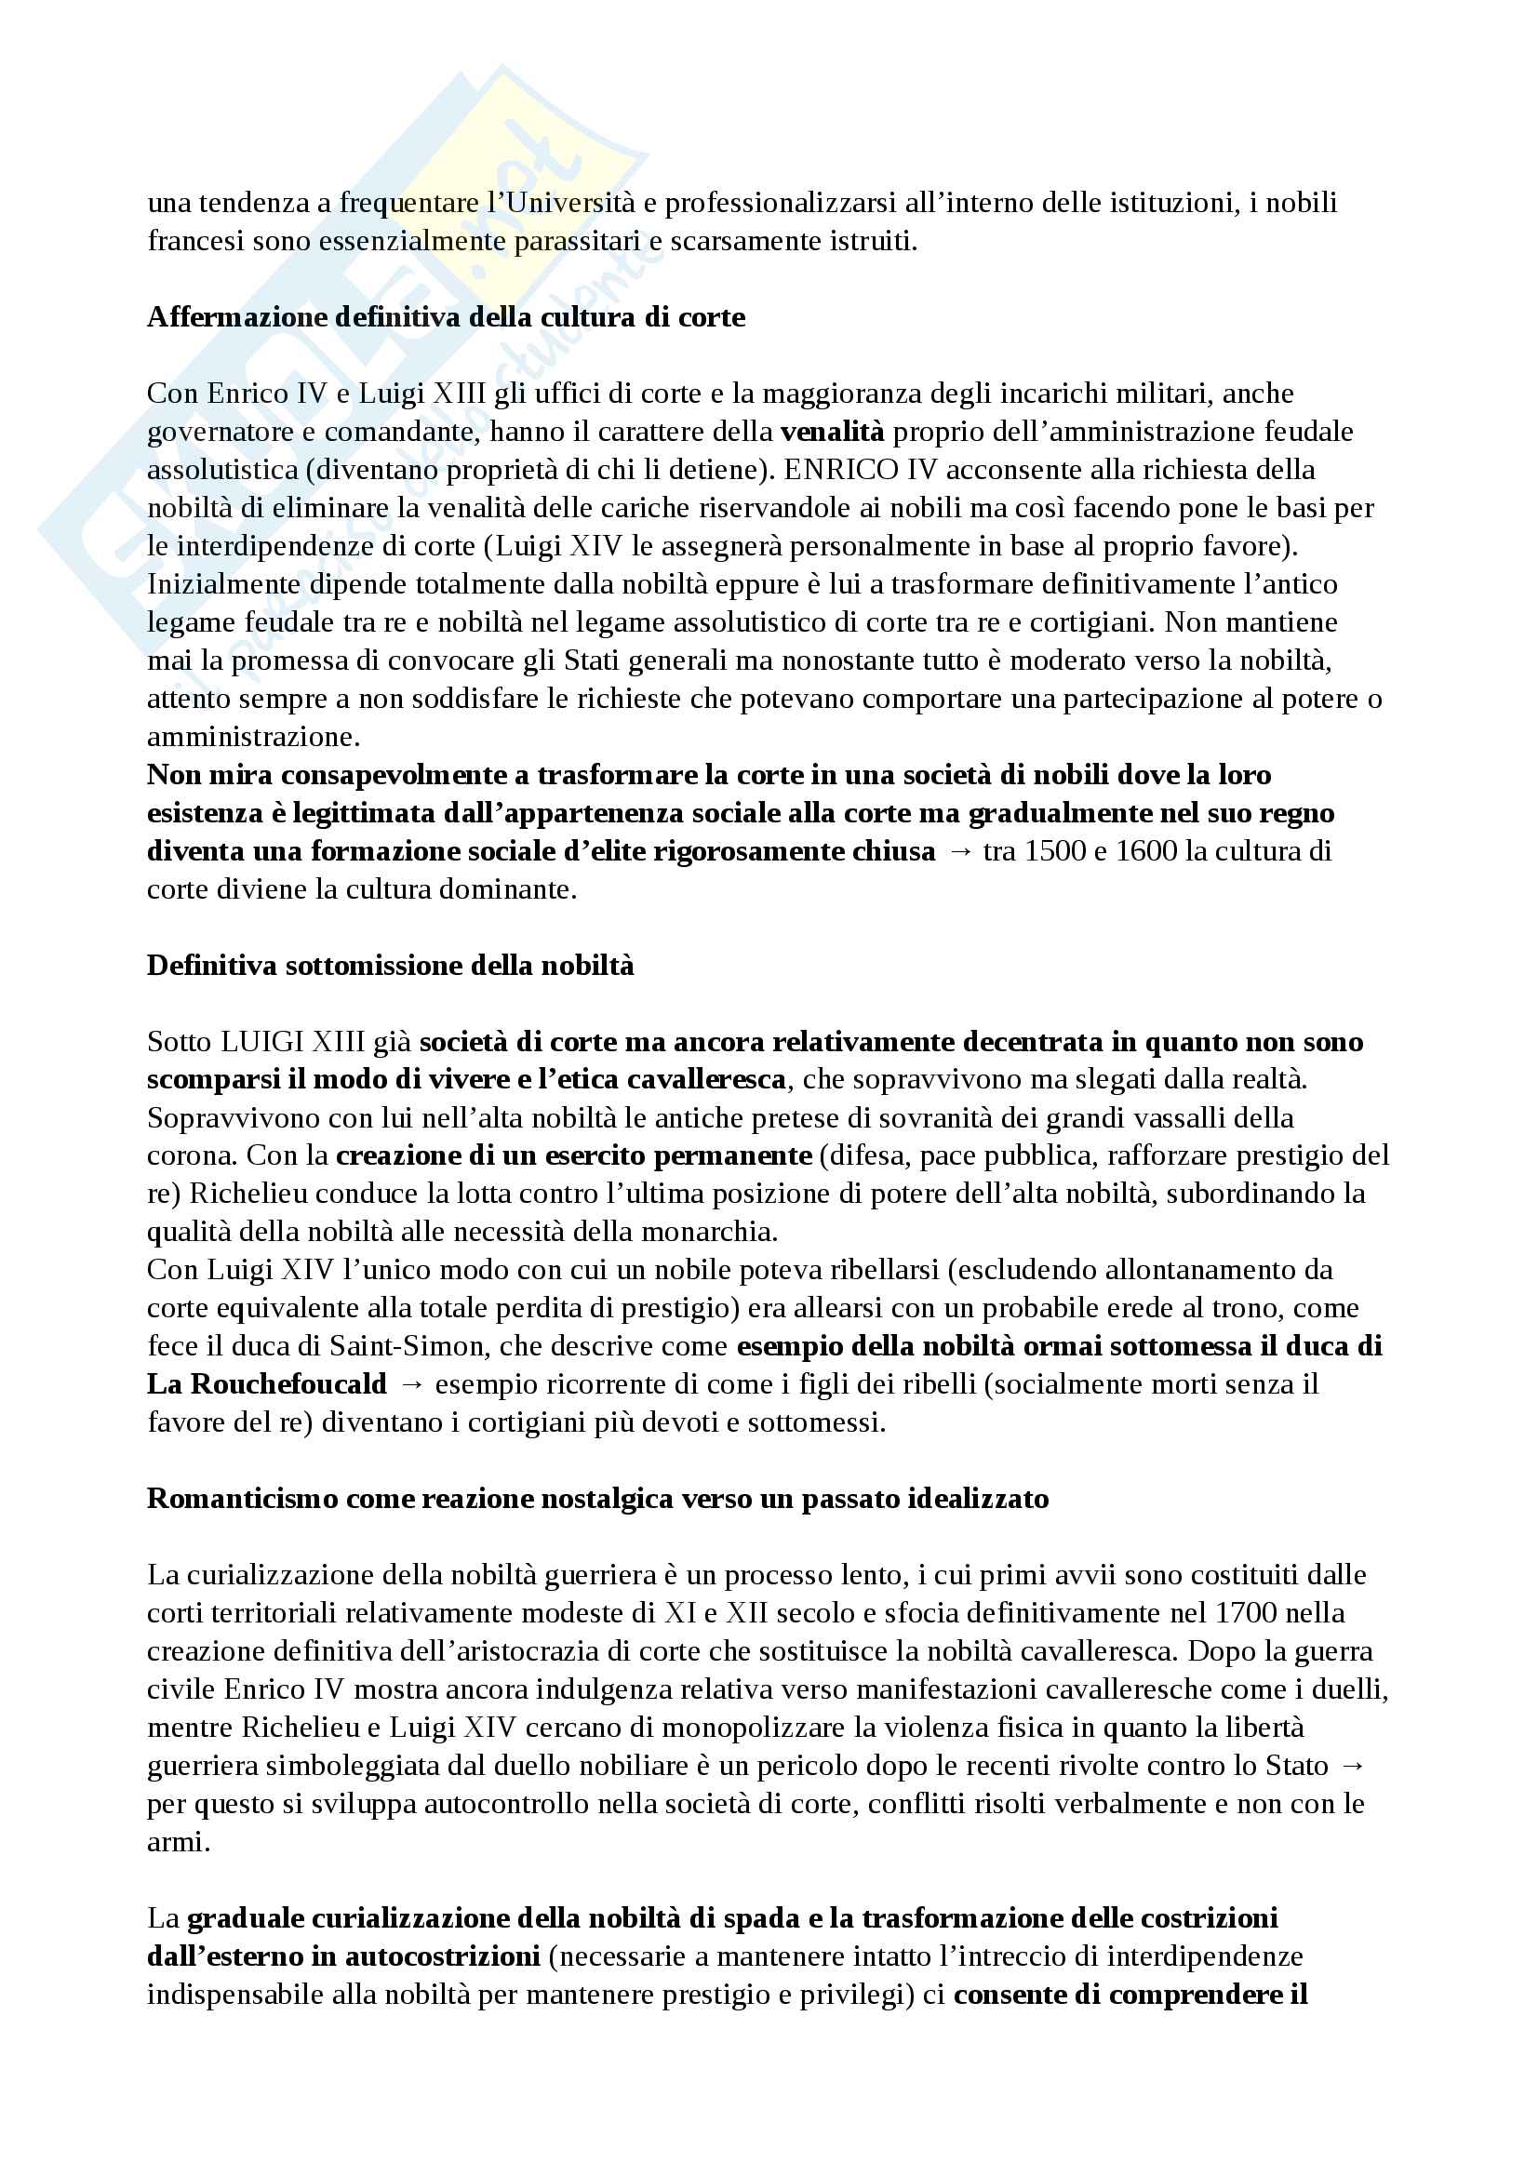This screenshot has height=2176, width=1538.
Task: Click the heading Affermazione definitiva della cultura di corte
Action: pyautogui.click(x=447, y=316)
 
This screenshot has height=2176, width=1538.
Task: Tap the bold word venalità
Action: pyautogui.click(x=832, y=432)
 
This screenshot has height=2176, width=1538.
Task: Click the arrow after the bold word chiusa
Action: pyautogui.click(x=959, y=852)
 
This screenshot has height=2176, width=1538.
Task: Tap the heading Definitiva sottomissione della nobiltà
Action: pyautogui.click(x=391, y=966)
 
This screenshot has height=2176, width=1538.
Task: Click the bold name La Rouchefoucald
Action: pyautogui.click(x=267, y=1383)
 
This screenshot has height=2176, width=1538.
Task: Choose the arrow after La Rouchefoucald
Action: pyautogui.click(x=411, y=1384)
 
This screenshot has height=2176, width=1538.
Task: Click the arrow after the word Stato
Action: pyautogui.click(x=1353, y=1766)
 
